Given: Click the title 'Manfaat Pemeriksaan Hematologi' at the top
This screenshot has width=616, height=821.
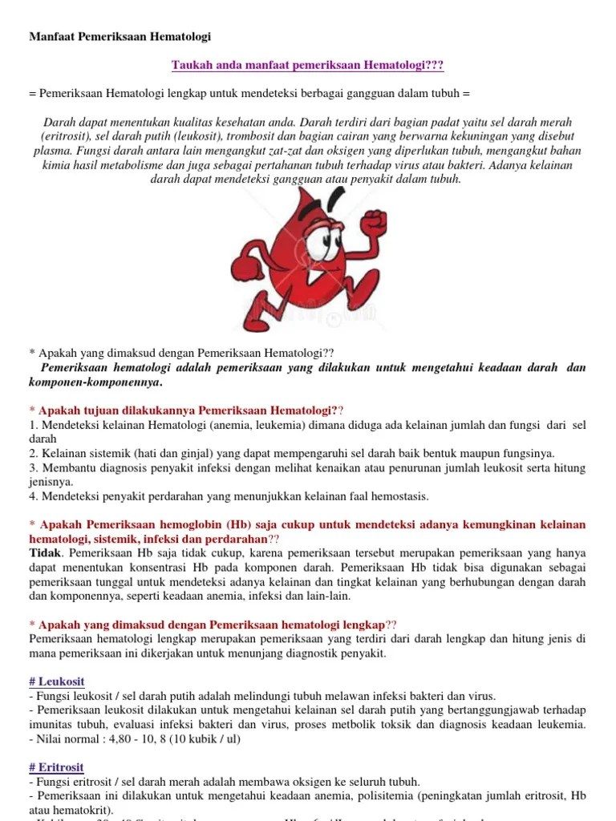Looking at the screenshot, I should [120, 37].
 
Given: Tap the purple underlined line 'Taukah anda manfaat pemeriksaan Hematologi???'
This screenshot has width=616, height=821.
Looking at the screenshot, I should [308, 65].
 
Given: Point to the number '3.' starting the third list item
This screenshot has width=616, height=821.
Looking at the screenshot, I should [34, 467].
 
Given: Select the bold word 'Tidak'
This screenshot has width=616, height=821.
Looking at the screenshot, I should [45, 553].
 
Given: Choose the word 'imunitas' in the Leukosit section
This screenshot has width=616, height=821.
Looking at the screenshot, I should [50, 725].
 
